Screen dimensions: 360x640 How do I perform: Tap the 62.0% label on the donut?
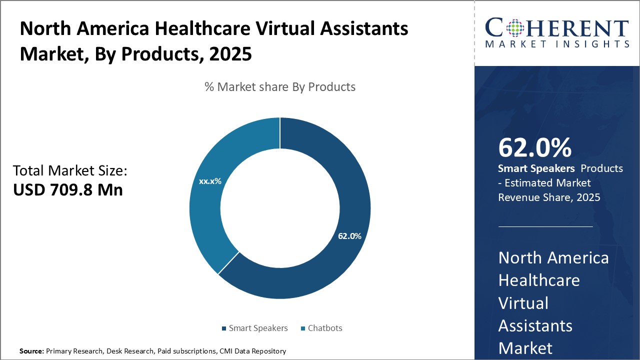[x=349, y=236]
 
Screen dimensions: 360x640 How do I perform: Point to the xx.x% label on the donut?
[x=210, y=181]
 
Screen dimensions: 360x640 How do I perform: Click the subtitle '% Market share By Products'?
[x=280, y=87]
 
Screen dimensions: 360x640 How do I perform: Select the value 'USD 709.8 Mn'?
[x=68, y=190]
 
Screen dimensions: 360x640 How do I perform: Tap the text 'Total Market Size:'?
[x=70, y=171]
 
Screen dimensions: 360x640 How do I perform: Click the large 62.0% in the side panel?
[x=534, y=147]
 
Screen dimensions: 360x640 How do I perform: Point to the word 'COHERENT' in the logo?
[x=557, y=28]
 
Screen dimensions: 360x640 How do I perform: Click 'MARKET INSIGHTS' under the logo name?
[x=557, y=44]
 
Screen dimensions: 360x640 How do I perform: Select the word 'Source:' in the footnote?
[x=31, y=351]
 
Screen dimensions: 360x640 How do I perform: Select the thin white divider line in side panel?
[x=545, y=226]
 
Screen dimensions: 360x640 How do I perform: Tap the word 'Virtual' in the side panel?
[x=523, y=303]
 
